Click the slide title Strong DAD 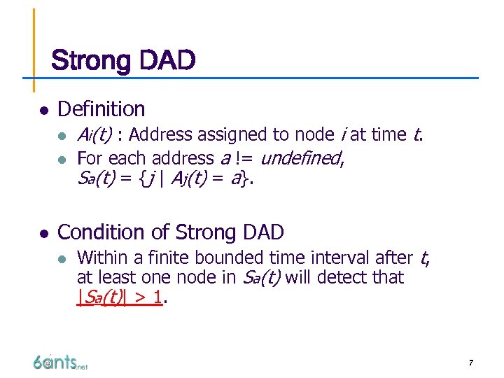point(123,61)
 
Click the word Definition point(101,109)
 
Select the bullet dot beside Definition point(43,111)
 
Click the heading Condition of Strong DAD point(170,232)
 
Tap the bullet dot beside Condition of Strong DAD point(43,234)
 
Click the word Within point(100,258)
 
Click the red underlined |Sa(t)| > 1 point(120,297)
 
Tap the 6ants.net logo point(60,362)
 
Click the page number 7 point(471,363)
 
